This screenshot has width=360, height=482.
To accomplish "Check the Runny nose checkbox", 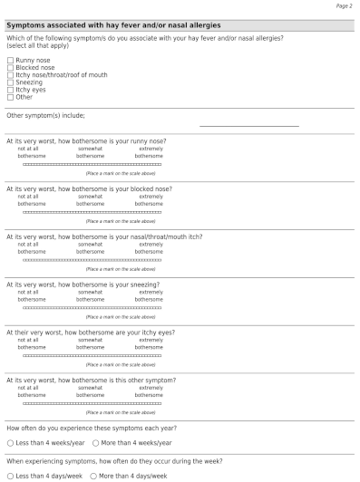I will pyautogui.click(x=10, y=61).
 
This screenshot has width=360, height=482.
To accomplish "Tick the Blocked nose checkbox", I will pyautogui.click(x=10, y=67).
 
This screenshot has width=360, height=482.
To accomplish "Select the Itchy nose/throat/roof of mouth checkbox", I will pyautogui.click(x=10, y=73).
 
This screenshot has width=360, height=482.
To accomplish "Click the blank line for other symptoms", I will pyautogui.click(x=248, y=124).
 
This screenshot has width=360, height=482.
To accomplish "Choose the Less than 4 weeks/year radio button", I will pyautogui.click(x=10, y=443).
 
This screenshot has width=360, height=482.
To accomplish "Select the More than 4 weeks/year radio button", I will pyautogui.click(x=95, y=443).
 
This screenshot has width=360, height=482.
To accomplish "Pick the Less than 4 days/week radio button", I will pyautogui.click(x=10, y=476).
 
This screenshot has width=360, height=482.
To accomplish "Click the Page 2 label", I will pyautogui.click(x=344, y=6).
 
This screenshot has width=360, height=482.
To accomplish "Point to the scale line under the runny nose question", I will pyautogui.click(x=92, y=164).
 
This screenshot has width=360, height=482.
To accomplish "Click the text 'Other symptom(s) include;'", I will pyautogui.click(x=45, y=116).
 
